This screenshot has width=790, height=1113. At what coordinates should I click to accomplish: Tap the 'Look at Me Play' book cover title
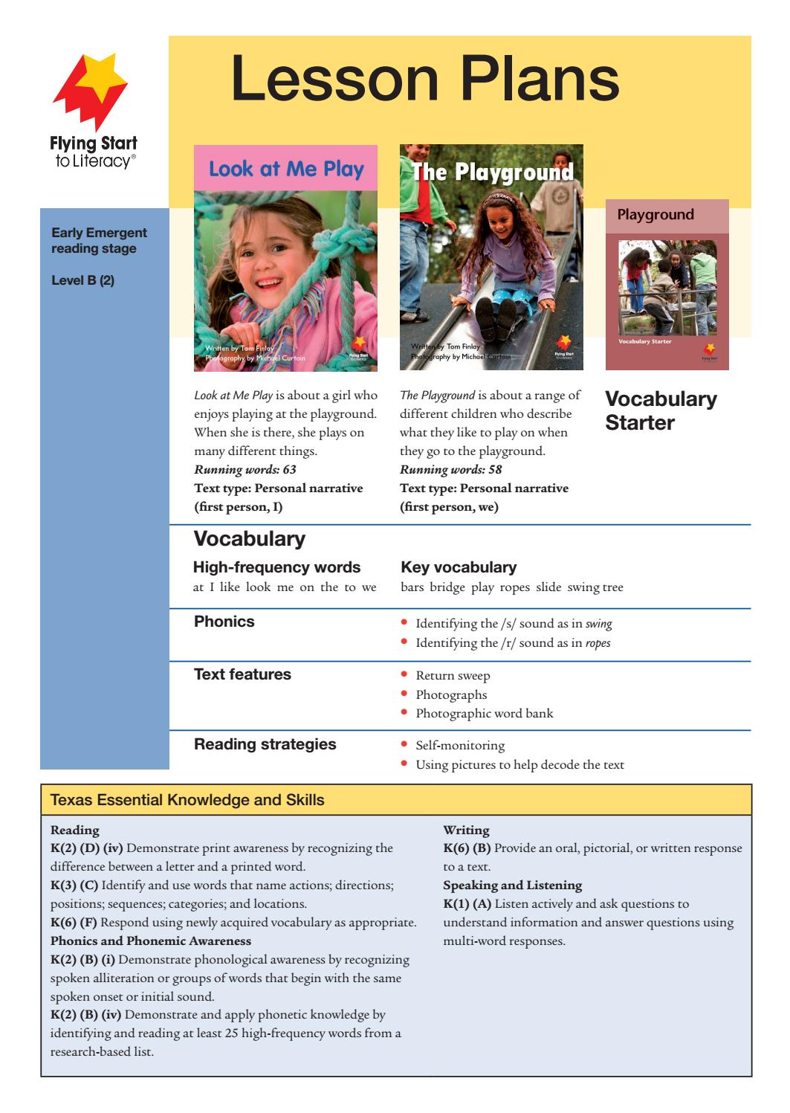click(x=286, y=169)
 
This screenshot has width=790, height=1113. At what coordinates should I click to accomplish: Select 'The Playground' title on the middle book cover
click(x=492, y=172)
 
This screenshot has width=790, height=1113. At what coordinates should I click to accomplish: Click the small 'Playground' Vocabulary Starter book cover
click(x=667, y=284)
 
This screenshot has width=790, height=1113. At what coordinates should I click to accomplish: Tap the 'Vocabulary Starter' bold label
click(x=661, y=410)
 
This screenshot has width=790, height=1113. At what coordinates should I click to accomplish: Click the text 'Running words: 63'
click(x=245, y=469)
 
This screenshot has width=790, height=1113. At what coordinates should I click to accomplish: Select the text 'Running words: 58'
click(x=451, y=469)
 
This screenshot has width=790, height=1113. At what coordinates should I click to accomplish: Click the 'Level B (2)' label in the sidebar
click(x=82, y=280)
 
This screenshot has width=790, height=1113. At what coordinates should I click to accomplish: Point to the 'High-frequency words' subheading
click(x=276, y=567)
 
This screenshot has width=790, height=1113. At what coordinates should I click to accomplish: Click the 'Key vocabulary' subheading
click(x=459, y=567)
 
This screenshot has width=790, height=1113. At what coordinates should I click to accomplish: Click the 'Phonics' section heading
click(x=224, y=622)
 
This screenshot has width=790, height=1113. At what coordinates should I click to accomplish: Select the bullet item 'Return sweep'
click(x=453, y=676)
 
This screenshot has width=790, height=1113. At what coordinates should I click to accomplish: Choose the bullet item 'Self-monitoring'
click(x=460, y=745)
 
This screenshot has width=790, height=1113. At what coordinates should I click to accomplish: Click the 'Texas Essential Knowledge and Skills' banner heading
click(x=187, y=800)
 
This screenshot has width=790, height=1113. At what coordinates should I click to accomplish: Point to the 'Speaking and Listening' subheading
click(x=512, y=885)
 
